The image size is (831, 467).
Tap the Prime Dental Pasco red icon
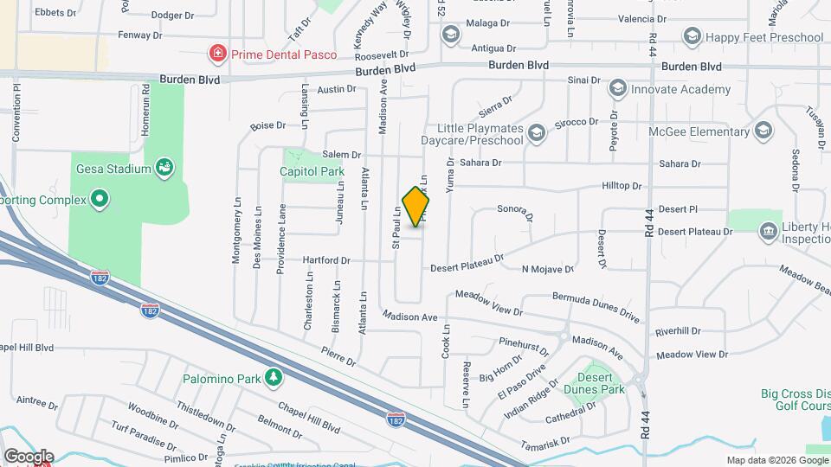(217, 54)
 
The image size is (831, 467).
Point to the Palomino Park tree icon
(274, 377)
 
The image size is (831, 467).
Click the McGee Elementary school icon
(763, 131)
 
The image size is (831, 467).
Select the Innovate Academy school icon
(618, 88)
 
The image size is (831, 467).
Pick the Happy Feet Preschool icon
(692, 36)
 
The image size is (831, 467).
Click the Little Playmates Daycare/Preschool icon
(537, 132)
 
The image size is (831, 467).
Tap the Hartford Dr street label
(326, 260)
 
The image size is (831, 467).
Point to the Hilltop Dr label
(622, 186)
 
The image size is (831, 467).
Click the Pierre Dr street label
(338, 357)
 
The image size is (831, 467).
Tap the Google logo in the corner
(29, 456)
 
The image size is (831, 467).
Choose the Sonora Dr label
(514, 210)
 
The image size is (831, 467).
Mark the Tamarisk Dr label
(544, 445)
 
